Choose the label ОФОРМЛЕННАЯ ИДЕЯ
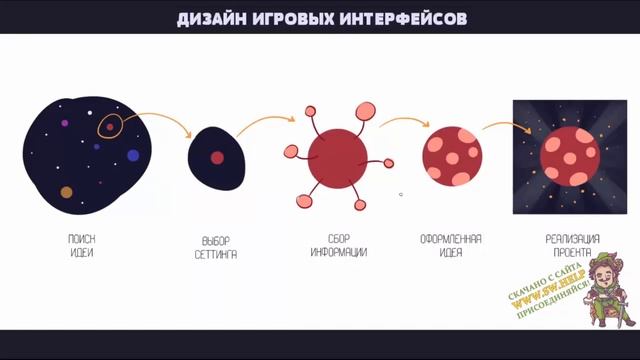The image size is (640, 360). point(451,244)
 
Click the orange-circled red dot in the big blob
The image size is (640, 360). point(110,127)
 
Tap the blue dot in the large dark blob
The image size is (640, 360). point(133,155)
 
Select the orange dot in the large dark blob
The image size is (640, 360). point(67,191)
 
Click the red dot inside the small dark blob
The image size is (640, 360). point(217,157)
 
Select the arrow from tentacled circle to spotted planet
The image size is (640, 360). point(403,121)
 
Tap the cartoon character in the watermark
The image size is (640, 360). point(607,290)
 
